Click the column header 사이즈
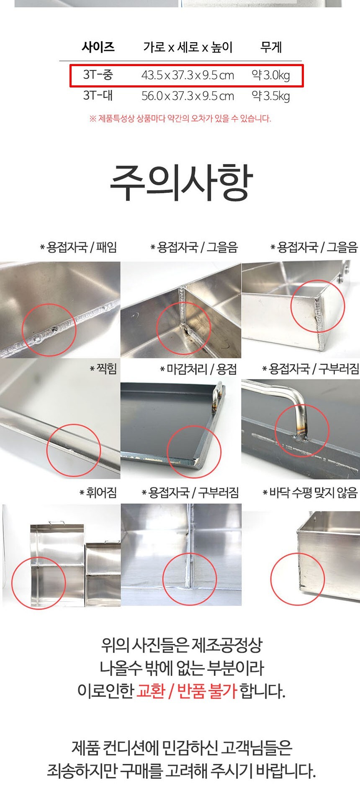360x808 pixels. tap(98, 46)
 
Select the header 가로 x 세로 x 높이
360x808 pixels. tap(188, 47)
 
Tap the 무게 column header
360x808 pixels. tap(271, 46)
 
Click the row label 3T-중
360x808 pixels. tap(98, 75)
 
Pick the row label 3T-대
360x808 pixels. tap(98, 95)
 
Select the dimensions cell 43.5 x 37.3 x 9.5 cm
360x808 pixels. tap(188, 75)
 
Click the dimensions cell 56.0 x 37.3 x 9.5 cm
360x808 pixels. tap(188, 96)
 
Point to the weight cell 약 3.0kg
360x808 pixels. tap(271, 75)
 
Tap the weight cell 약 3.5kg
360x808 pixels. tap(271, 96)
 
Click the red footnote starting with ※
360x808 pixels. tap(180, 118)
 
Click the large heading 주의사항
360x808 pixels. tap(181, 182)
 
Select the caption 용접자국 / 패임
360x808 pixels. tap(78, 247)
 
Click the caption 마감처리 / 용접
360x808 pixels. tap(198, 369)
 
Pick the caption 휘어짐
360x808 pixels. tap(98, 492)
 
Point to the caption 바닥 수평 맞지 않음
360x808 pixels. tap(310, 492)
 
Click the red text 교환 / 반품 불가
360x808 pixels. tap(187, 690)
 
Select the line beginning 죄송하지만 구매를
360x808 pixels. tap(181, 770)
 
